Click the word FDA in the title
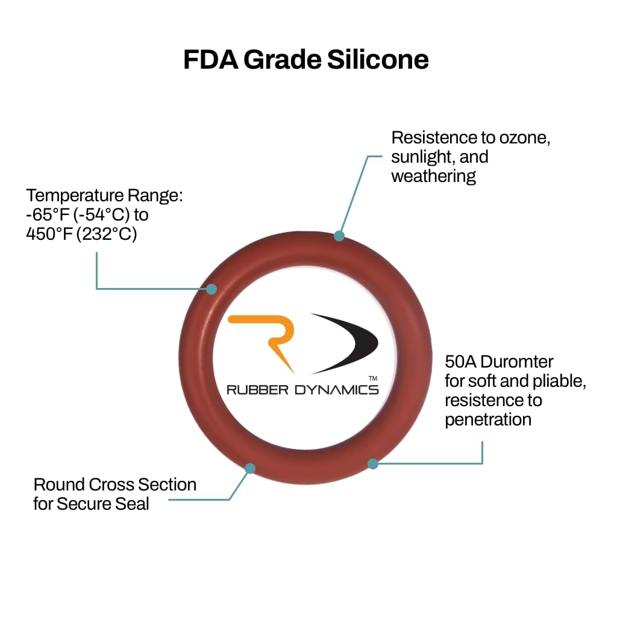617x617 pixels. point(211,60)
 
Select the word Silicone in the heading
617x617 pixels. point(378,60)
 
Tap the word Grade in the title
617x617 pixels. point(283,60)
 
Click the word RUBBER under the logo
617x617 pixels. point(257,390)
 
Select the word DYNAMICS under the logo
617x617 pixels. point(336,390)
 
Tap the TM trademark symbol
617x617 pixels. point(373,378)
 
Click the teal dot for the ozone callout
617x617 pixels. point(339,236)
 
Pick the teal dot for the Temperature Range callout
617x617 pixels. point(211,289)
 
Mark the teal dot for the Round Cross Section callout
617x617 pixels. point(250,468)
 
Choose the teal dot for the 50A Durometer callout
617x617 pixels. point(373,464)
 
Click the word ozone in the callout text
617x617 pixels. point(525,138)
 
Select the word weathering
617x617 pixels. point(434,177)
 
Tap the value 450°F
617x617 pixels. point(49,234)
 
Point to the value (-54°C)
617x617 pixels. point(101,215)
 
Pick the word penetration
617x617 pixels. point(488,420)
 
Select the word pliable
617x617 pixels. point(559,381)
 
